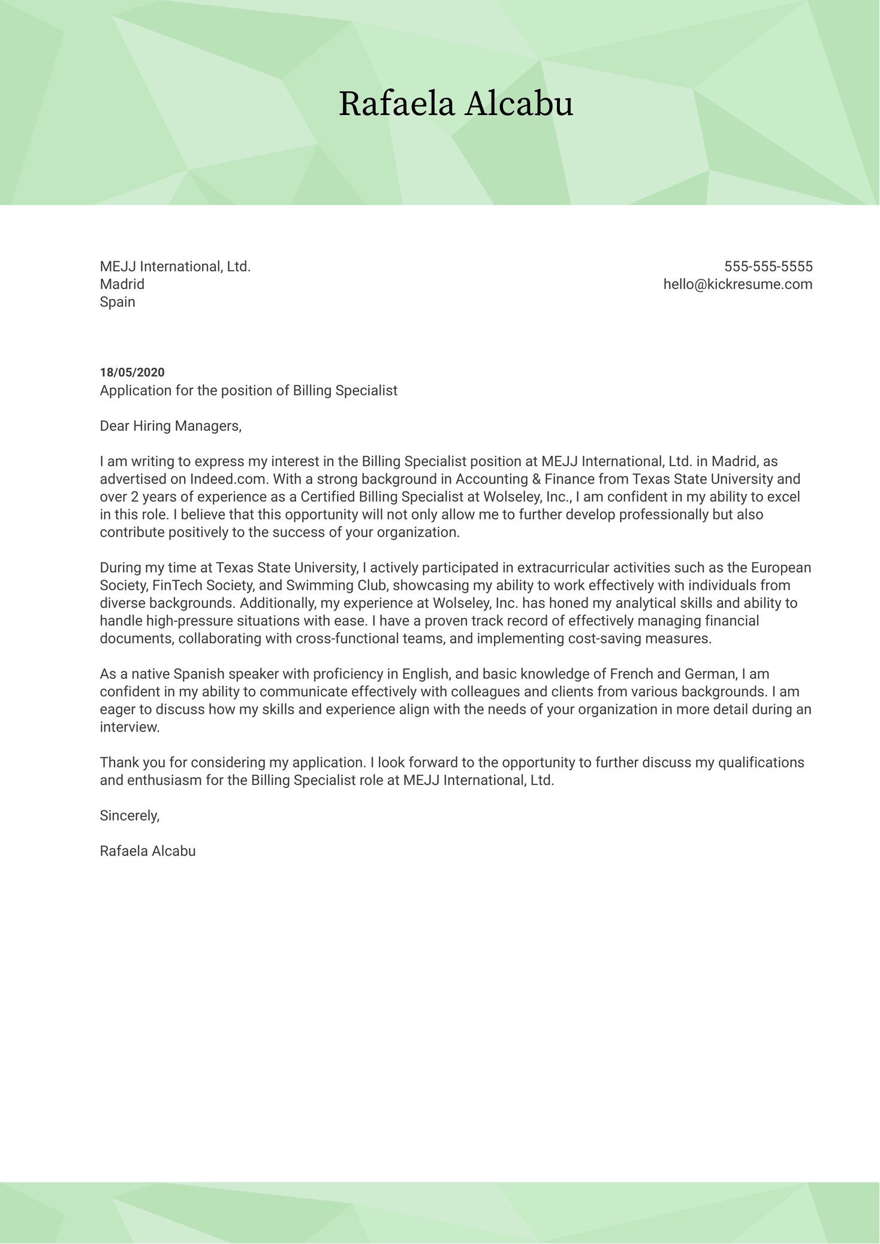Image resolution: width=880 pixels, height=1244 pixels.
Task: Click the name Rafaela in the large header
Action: click(396, 104)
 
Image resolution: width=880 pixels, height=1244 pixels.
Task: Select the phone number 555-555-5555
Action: click(768, 266)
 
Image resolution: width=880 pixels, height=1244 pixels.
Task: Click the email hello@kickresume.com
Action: click(737, 284)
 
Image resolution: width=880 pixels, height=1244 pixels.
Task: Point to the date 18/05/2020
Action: click(132, 373)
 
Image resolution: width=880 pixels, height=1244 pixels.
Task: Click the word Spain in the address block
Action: click(117, 302)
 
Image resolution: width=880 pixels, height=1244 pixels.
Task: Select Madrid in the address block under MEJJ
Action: click(122, 284)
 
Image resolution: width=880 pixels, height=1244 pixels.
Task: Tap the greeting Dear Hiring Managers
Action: click(170, 426)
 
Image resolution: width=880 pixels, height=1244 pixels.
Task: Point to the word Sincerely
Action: click(129, 816)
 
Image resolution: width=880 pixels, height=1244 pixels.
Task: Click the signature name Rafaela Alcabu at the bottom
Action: click(147, 851)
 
